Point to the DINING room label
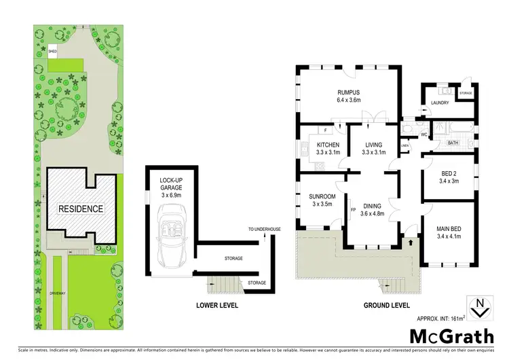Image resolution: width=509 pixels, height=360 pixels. tap(372, 206)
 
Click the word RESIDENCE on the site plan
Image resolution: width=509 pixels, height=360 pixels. tap(81, 209)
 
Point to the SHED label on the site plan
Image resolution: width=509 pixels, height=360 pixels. tap(52, 51)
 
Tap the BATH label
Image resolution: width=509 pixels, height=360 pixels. tap(453, 143)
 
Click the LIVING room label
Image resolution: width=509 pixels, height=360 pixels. tap(373, 145)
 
